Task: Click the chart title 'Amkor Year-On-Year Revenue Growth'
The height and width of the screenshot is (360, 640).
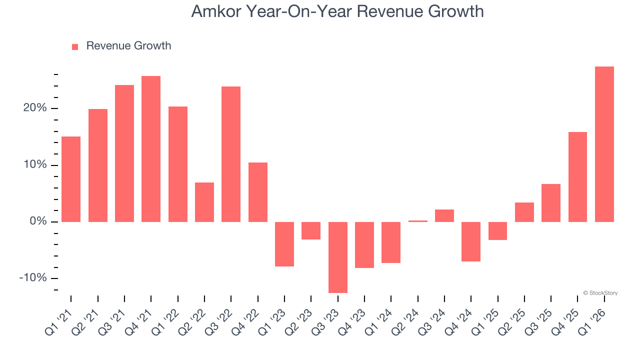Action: (x=337, y=11)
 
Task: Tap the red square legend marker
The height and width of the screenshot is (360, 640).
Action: (x=75, y=46)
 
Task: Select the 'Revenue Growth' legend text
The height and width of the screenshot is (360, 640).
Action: (x=128, y=46)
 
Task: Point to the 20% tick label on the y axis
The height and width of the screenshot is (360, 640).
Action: (x=34, y=108)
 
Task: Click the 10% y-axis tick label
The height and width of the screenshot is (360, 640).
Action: (x=34, y=165)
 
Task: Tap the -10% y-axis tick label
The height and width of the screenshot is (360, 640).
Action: (x=32, y=278)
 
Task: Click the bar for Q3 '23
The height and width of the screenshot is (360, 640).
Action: (x=337, y=257)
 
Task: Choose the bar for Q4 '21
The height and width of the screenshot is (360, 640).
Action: (x=151, y=149)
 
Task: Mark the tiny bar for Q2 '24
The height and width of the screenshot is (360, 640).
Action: (x=417, y=221)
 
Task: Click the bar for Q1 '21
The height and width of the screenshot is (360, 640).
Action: (x=71, y=179)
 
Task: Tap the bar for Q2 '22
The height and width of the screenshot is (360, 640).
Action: (x=204, y=202)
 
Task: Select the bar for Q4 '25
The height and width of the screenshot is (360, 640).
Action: (x=577, y=177)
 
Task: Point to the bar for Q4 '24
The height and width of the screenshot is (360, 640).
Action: (x=471, y=241)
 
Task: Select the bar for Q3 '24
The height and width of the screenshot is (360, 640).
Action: (x=444, y=215)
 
